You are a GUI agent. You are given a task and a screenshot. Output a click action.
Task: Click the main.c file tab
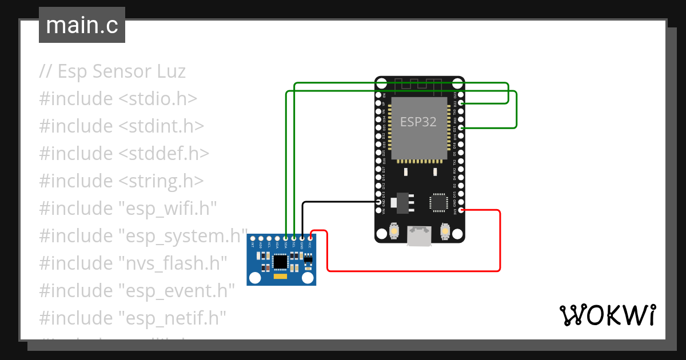pyautogui.click(x=82, y=25)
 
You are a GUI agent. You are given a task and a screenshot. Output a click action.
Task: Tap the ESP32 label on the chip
pyautogui.click(x=418, y=122)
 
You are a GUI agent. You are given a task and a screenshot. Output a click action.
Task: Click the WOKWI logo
pyautogui.click(x=607, y=315)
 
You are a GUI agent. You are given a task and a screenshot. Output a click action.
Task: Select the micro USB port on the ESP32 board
pyautogui.click(x=420, y=235)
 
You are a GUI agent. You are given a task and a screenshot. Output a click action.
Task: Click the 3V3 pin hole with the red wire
pyautogui.click(x=461, y=210)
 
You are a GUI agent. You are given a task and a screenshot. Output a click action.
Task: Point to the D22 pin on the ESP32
pyautogui.click(x=461, y=103)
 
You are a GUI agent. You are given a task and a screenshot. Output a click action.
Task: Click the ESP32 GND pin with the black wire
pyautogui.click(x=378, y=202)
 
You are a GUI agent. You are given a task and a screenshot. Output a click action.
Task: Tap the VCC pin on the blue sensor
pyautogui.click(x=310, y=238)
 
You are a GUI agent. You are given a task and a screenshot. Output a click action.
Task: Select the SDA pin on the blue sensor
pyautogui.click(x=285, y=238)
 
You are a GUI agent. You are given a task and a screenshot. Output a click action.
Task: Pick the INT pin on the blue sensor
pyautogui.click(x=253, y=238)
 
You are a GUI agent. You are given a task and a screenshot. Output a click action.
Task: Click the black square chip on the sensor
pyautogui.click(x=280, y=262)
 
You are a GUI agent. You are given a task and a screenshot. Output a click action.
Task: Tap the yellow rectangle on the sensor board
pyautogui.click(x=280, y=277)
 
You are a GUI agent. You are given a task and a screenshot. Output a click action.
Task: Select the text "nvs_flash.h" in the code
pyautogui.click(x=173, y=263)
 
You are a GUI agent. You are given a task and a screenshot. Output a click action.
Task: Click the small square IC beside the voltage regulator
pyautogui.click(x=438, y=202)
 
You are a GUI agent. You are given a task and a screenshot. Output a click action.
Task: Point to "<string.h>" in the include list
pyautogui.click(x=161, y=181)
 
